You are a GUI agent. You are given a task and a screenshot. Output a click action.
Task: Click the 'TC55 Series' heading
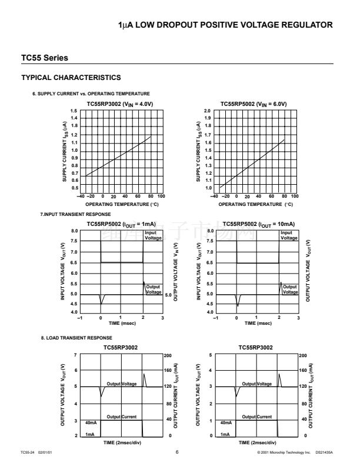click(x=44, y=58)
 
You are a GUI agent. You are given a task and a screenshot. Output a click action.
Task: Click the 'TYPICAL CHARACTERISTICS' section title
click(x=71, y=78)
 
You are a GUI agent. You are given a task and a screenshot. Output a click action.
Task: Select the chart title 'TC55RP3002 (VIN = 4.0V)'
click(x=120, y=104)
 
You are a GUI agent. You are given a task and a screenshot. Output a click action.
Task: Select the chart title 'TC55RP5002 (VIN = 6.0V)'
click(x=254, y=104)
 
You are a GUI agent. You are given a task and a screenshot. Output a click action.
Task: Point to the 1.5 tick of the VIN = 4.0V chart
click(x=74, y=111)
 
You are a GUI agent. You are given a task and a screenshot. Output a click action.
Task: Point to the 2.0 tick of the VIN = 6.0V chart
click(x=207, y=111)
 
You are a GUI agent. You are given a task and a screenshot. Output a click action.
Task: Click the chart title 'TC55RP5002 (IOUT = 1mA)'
click(x=121, y=224)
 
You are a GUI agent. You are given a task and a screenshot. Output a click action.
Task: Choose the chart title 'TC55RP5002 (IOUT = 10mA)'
click(x=258, y=224)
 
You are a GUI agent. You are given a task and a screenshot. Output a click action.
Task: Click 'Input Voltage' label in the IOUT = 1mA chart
click(x=153, y=235)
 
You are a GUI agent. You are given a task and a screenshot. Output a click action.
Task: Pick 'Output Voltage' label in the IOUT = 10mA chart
click(x=289, y=289)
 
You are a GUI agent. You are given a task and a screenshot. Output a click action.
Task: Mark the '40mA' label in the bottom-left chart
click(x=91, y=422)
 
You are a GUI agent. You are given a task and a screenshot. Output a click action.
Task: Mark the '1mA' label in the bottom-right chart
click(x=225, y=434)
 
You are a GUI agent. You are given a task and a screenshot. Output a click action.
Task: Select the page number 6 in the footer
click(x=176, y=452)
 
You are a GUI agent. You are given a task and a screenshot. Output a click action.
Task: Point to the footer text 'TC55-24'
click(x=28, y=452)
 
